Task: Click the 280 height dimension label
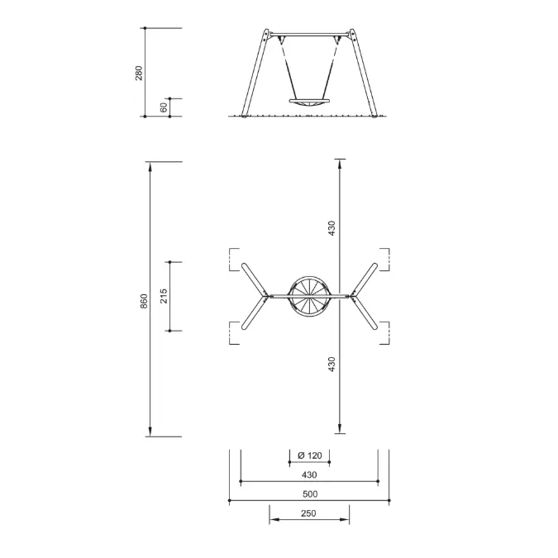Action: (139, 73)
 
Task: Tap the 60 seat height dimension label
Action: (164, 107)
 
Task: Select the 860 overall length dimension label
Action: (144, 301)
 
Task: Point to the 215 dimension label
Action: (164, 296)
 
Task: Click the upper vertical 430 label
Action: (331, 228)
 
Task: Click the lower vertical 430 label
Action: (331, 365)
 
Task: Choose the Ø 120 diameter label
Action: (310, 455)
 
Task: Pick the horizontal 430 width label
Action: (309, 475)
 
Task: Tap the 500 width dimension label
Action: (310, 494)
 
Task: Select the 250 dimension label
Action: (308, 513)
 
